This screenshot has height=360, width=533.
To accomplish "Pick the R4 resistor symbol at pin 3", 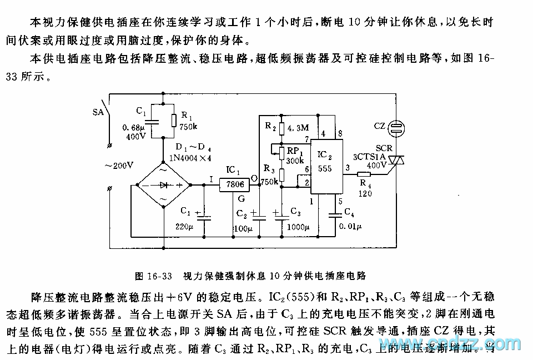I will [364, 173].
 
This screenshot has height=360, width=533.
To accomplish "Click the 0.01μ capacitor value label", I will [351, 227].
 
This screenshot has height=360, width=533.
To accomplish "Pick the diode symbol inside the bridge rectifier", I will [163, 186].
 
